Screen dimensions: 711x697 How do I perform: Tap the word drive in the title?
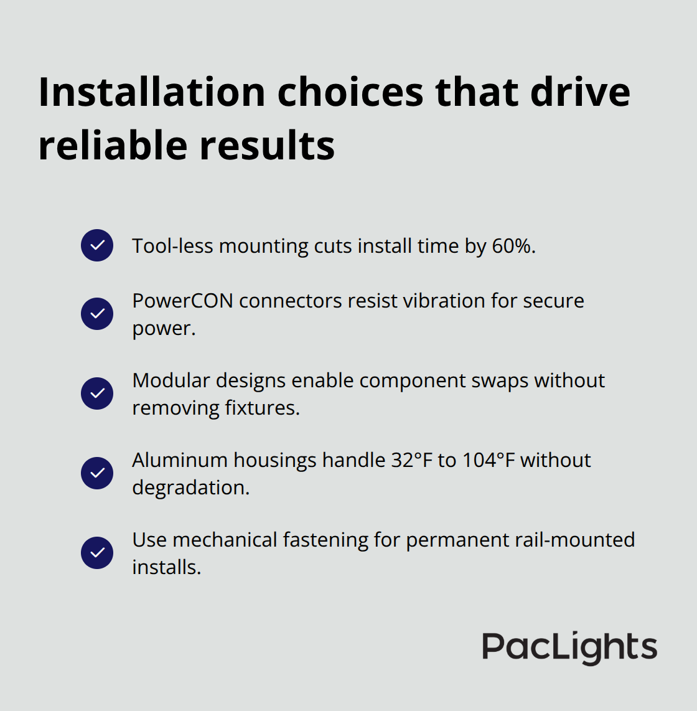click(580, 92)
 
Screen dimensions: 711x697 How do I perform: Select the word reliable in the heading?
click(113, 146)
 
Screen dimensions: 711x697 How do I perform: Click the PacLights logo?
click(569, 647)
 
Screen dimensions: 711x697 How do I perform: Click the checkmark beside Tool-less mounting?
click(97, 245)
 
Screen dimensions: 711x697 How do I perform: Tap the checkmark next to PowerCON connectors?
click(97, 313)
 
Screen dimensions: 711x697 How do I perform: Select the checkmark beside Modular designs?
click(97, 393)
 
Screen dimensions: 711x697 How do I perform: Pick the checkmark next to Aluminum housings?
click(97, 473)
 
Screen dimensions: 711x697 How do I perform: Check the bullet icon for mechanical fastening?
click(97, 553)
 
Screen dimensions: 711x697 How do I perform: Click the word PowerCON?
click(182, 301)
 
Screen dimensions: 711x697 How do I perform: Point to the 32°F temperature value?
click(412, 460)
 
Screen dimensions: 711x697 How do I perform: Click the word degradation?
click(190, 487)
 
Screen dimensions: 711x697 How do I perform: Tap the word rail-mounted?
click(575, 540)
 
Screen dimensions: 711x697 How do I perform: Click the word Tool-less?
click(172, 246)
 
